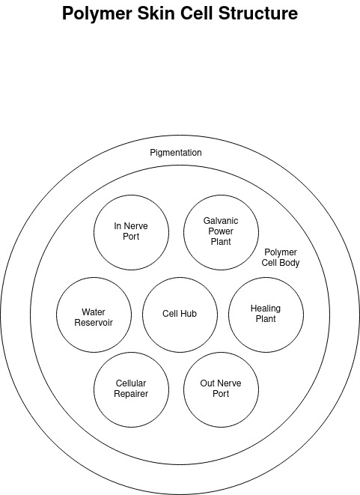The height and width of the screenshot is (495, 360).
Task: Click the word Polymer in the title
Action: tap(97, 14)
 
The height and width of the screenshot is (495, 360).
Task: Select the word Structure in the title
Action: tap(257, 13)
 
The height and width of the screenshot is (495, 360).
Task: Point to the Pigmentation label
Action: tap(176, 153)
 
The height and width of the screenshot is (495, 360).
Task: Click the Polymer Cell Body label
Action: tap(281, 258)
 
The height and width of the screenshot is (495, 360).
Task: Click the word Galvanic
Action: tap(221, 221)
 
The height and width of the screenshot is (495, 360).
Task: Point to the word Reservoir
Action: tap(94, 323)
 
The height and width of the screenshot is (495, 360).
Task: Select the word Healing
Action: tap(266, 309)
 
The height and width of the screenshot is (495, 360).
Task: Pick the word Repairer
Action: tap(131, 394)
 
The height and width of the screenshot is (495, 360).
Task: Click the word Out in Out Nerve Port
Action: tap(207, 383)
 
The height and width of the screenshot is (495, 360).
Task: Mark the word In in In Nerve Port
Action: tap(118, 226)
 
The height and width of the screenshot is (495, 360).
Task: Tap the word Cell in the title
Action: tap(197, 13)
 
